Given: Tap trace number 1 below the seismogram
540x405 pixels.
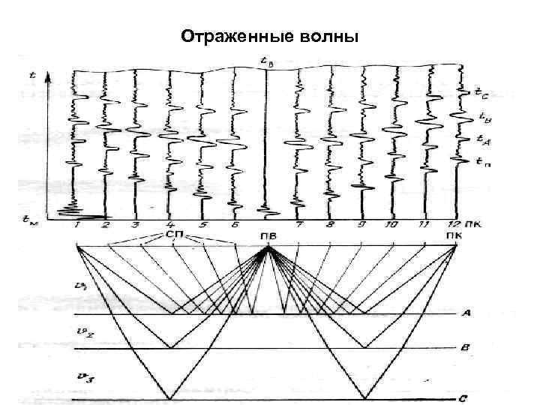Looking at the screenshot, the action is [x=76, y=224].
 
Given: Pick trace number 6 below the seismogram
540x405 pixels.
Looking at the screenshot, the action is [x=235, y=224].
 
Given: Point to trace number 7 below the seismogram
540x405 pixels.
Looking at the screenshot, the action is [x=299, y=224].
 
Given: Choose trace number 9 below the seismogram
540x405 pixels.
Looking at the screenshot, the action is [x=361, y=224].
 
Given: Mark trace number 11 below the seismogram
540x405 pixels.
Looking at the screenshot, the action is [x=424, y=224].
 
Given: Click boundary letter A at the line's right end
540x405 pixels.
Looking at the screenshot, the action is [x=466, y=315].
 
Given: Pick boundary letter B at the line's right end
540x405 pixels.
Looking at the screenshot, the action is [x=466, y=348].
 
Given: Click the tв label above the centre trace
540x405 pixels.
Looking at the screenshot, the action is [x=267, y=61].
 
